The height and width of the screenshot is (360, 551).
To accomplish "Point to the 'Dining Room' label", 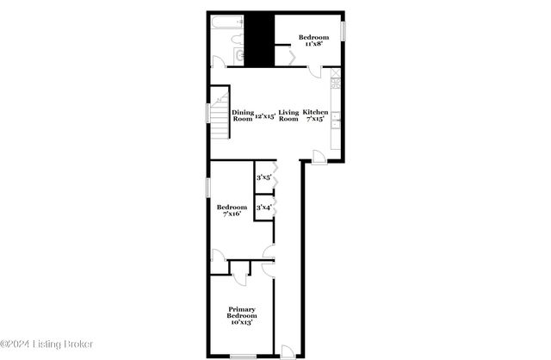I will (x=243, y=115).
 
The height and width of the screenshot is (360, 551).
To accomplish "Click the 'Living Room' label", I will (x=288, y=115).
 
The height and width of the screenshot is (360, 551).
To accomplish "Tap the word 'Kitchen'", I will (x=315, y=112).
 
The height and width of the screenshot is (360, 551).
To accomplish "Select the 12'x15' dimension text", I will (x=265, y=115).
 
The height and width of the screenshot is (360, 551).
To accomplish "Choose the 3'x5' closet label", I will (x=263, y=177).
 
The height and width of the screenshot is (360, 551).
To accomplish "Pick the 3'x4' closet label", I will (x=263, y=207).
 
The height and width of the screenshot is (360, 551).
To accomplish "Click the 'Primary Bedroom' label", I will (x=242, y=313).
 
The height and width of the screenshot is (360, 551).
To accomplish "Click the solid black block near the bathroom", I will (x=261, y=39).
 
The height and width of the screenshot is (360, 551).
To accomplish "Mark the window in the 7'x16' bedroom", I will (x=208, y=187).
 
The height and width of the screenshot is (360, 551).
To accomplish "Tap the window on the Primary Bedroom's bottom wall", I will (x=243, y=356).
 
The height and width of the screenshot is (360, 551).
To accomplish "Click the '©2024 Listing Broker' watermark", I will (x=47, y=344).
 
